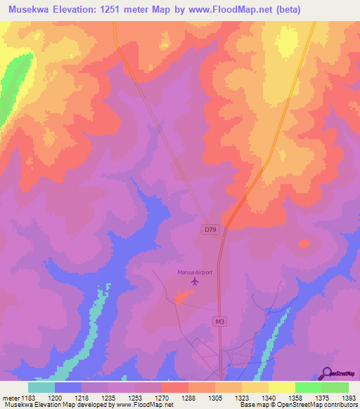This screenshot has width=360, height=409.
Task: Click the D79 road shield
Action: point(209,229)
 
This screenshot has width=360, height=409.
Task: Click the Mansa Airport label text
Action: point(194,272)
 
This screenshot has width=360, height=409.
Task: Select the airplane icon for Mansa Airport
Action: point(195,282)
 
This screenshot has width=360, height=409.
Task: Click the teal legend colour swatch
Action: point(41,387)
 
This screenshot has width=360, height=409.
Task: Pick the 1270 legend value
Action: point(162,397)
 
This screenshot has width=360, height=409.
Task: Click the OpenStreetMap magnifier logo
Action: point(326,372)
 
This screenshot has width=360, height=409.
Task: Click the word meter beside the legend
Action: point(9,397)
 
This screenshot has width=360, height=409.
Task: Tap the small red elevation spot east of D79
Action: point(304,244)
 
